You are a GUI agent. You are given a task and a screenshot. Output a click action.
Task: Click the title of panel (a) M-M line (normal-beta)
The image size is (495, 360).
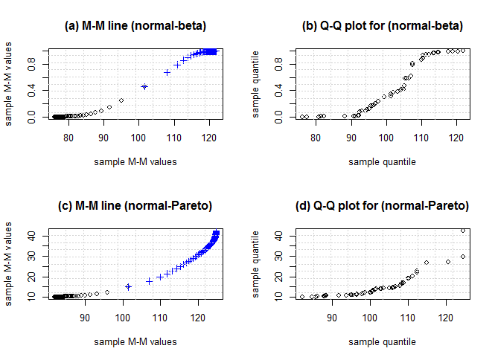[136, 26]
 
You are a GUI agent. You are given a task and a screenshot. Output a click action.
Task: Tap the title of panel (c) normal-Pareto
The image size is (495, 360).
[136, 205]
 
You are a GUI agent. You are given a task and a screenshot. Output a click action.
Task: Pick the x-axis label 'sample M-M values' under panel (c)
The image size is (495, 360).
[136, 341]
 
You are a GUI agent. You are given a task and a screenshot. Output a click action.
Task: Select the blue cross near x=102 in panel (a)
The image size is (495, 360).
[144, 86]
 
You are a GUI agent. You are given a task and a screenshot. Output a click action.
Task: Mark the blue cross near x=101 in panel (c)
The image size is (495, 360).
[128, 286]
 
